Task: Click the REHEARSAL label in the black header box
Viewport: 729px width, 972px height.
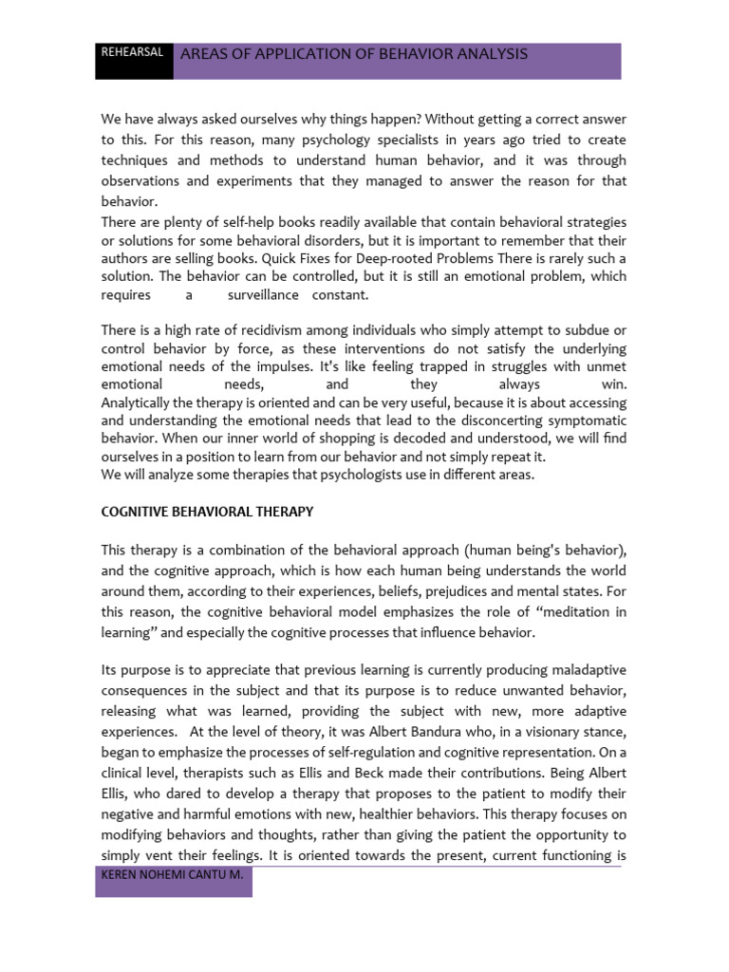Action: click(134, 53)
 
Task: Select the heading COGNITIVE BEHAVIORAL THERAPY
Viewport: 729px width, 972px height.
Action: click(207, 512)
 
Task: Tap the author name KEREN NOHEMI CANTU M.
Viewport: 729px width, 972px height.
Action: click(172, 878)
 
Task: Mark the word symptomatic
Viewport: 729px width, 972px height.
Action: click(581, 421)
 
